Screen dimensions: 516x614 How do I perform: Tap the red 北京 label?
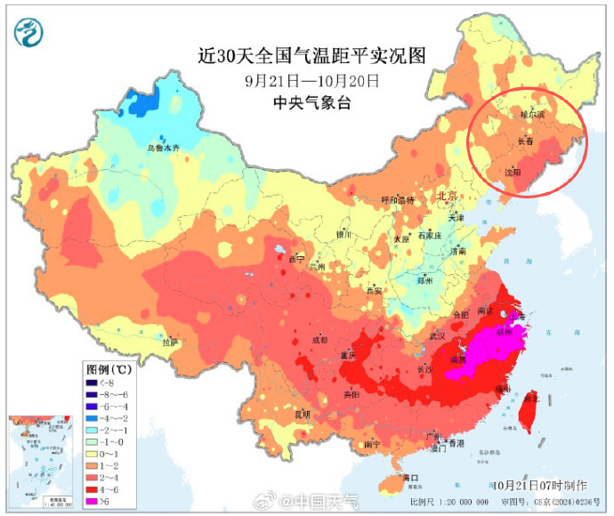[446, 195]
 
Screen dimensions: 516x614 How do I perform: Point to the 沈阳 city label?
[513, 172]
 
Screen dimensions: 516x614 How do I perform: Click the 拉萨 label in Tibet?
[171, 341]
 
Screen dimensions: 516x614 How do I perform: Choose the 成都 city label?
[319, 340]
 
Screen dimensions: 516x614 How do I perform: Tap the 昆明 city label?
[303, 414]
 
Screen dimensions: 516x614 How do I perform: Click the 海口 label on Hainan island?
[410, 478]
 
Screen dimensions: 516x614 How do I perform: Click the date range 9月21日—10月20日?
[311, 81]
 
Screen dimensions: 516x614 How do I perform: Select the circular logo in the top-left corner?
[29, 33]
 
